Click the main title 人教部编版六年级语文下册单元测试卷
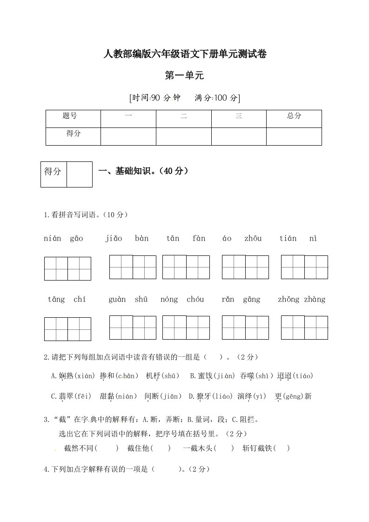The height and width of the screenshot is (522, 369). point(185,54)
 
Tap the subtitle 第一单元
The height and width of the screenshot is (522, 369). point(185,75)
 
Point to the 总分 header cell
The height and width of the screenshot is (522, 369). point(294,116)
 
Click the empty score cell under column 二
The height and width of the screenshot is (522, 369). point(183,136)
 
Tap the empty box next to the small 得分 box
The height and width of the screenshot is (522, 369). point(80,174)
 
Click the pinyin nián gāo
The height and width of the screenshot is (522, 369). point(63,239)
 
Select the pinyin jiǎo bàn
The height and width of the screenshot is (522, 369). point(127,239)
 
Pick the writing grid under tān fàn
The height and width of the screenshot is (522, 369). point(186,267)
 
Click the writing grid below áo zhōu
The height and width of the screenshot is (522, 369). point(245,267)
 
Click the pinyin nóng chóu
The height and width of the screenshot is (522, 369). point(182,299)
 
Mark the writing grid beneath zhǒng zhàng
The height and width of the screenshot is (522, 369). point(304,327)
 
